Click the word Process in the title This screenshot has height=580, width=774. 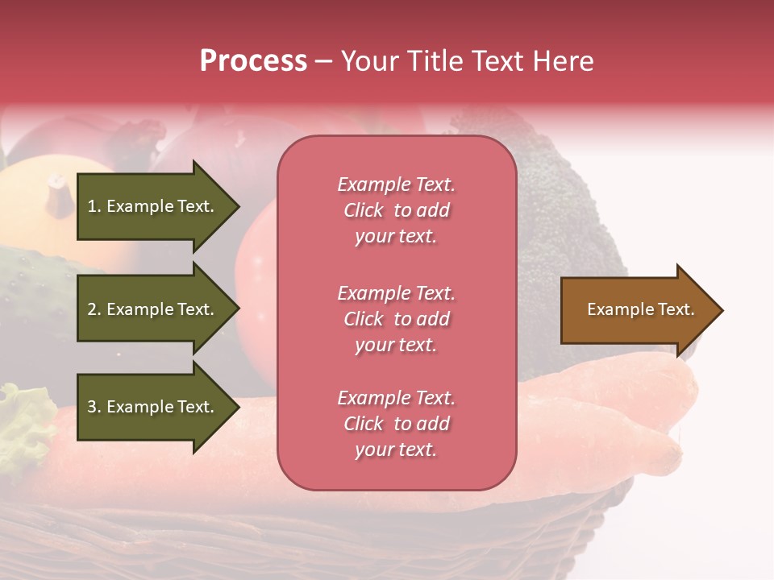(x=253, y=61)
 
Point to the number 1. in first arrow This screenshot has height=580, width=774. (x=94, y=206)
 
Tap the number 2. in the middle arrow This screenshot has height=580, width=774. (x=94, y=309)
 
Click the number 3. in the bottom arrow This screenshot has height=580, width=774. (x=94, y=407)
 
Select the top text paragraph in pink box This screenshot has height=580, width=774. (x=397, y=210)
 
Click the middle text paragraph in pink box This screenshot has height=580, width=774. (x=397, y=319)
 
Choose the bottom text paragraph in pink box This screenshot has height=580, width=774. (x=397, y=424)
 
